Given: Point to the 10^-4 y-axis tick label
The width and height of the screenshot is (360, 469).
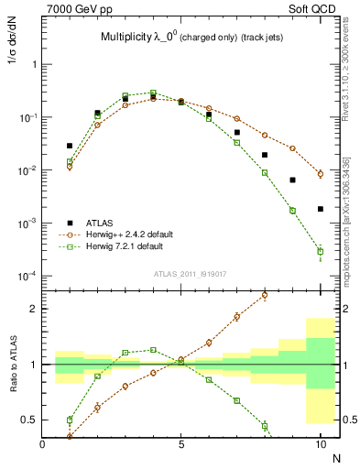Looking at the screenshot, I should (x=27, y=277).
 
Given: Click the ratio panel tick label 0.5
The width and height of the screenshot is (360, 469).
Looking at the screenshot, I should (x=29, y=420).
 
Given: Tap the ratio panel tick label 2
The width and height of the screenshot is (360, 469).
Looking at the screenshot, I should (x=33, y=309).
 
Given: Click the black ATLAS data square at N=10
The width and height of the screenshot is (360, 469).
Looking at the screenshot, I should (x=320, y=209).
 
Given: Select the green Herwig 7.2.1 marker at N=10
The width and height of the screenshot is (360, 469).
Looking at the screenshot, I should (x=320, y=251).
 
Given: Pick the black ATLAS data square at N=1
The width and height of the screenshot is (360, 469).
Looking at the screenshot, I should (x=70, y=146).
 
